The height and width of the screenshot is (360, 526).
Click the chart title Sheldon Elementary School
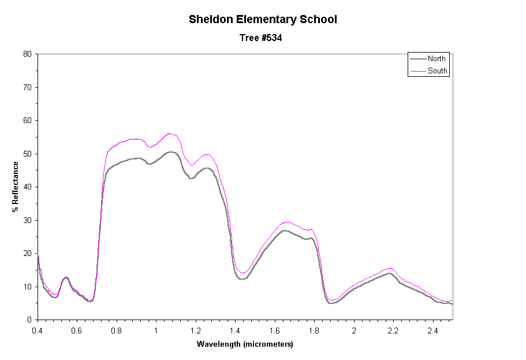click(x=263, y=20)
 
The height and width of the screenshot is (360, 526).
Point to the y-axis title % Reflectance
click(x=16, y=186)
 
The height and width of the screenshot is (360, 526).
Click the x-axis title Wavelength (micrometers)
click(x=245, y=344)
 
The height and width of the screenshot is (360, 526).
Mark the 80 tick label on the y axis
click(x=27, y=54)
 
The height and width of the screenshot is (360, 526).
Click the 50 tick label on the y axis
click(x=27, y=154)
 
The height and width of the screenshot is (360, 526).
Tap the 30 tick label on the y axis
click(x=27, y=220)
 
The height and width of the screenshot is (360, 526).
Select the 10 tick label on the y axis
click(x=27, y=287)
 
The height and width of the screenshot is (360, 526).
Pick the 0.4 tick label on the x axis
click(x=38, y=331)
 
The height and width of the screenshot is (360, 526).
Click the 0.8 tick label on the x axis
click(x=117, y=331)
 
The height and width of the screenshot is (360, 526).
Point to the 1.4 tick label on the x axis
click(x=235, y=331)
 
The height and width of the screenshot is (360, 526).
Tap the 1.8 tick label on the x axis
click(x=314, y=331)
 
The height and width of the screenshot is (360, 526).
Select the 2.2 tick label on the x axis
click(x=393, y=331)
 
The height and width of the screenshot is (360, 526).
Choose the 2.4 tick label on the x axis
click(x=432, y=331)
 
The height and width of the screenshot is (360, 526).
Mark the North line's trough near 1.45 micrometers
click(x=243, y=279)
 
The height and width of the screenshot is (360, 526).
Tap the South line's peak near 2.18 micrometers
click(x=390, y=268)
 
